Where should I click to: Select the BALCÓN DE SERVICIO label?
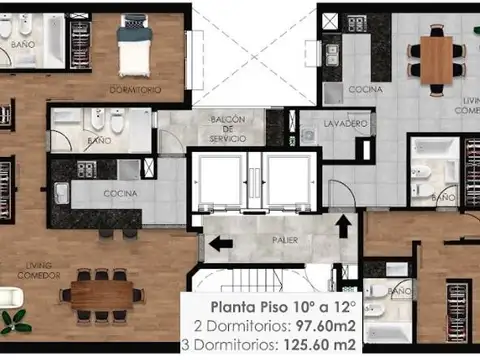pyautogui.click(x=227, y=129)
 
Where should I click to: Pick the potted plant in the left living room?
pyautogui.click(x=14, y=322)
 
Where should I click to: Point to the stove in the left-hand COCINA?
pyautogui.click(x=85, y=169)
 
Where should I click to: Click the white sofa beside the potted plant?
pyautogui.click(x=10, y=297)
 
